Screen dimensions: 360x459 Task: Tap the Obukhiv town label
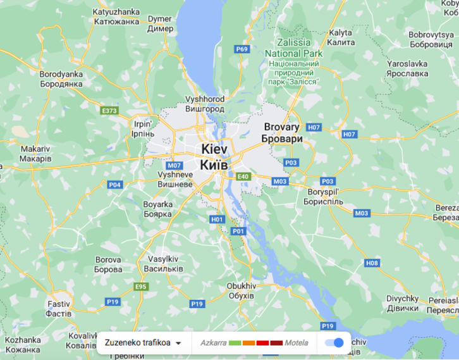pyautogui.click(x=240, y=291)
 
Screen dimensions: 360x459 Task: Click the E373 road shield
pyautogui.click(x=109, y=111)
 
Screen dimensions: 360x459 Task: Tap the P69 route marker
pyautogui.click(x=241, y=49)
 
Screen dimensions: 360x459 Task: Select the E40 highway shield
pyautogui.click(x=244, y=177)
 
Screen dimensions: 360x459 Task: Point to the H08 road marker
pyautogui.click(x=372, y=263)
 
